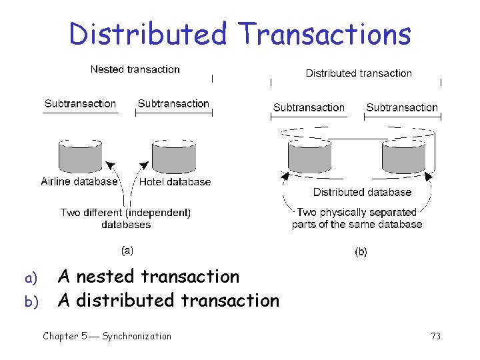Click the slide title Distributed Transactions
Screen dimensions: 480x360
(240, 33)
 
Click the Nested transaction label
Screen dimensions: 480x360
(135, 69)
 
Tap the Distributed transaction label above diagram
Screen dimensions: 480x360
(359, 73)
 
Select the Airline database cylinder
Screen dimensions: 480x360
(80, 157)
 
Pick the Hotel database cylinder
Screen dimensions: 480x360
(173, 157)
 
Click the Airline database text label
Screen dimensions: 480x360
(79, 181)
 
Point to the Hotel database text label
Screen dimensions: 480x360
(175, 181)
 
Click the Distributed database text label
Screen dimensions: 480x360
(362, 192)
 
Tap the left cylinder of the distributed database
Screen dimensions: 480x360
(309, 157)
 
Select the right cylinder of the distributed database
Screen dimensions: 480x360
(403, 157)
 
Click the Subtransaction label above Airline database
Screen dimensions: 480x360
(80, 104)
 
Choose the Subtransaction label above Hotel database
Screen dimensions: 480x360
(173, 104)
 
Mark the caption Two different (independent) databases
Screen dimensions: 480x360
(126, 219)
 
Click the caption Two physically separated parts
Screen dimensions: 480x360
(357, 218)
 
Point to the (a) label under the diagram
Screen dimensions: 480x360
(127, 251)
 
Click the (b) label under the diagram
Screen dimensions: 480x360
(361, 252)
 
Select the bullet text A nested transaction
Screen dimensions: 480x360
(148, 276)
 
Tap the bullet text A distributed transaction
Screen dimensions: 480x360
(168, 301)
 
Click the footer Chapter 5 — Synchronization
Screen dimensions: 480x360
(107, 336)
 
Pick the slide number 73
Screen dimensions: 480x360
(436, 336)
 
